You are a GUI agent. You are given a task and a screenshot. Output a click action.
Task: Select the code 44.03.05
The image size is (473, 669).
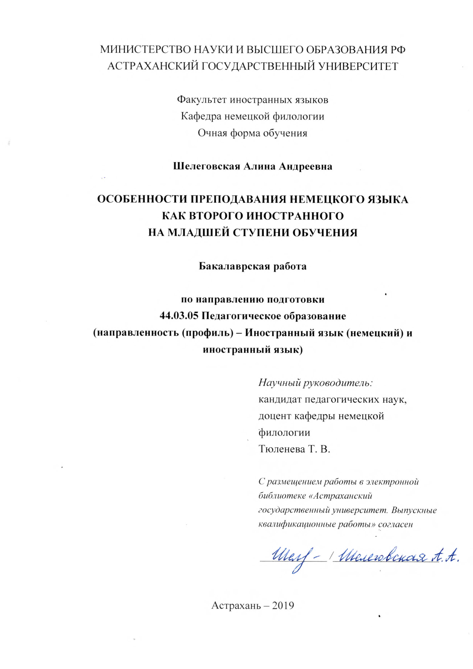(x=179, y=316)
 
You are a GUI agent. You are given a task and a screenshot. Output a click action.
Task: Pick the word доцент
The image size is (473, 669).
(x=274, y=416)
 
